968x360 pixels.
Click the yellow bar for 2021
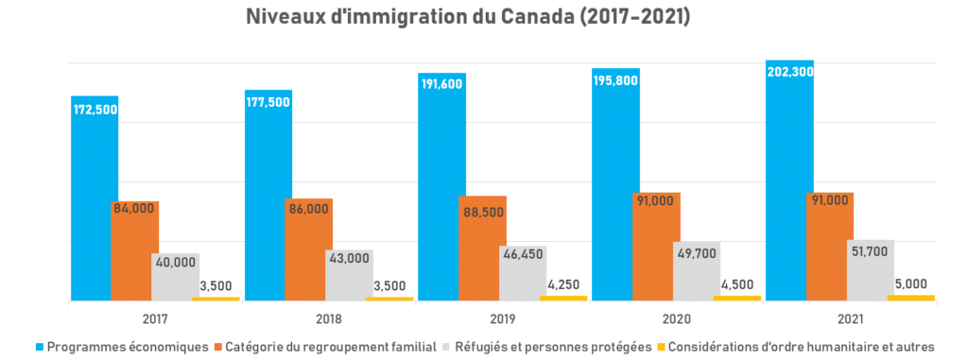(x=910, y=298)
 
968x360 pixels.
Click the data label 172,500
(x=95, y=111)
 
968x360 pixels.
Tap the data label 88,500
(x=482, y=214)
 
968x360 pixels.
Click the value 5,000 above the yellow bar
(x=910, y=283)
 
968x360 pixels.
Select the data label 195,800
(x=615, y=82)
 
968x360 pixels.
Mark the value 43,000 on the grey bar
(x=350, y=260)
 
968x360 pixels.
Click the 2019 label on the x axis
(x=503, y=318)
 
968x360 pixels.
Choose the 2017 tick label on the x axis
(x=155, y=318)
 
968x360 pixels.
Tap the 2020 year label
(x=677, y=318)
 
